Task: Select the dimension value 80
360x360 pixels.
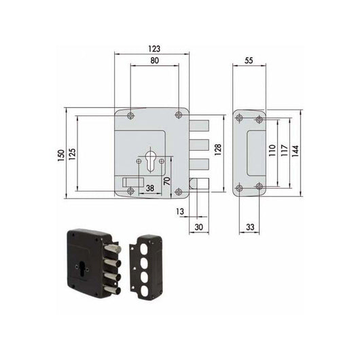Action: [154, 61]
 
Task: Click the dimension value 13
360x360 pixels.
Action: [179, 213]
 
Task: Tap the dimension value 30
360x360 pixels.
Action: [198, 227]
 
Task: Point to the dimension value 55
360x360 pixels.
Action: [249, 61]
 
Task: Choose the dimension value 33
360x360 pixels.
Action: [249, 227]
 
